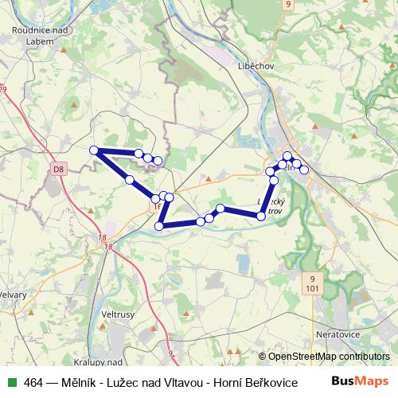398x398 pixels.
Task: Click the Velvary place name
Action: coord(14,294)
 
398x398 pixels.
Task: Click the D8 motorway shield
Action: coord(59,170)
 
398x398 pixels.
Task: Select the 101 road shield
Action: coord(312,287)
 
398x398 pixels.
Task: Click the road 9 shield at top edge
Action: coord(287,4)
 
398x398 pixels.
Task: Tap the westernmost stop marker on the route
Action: coord(94,150)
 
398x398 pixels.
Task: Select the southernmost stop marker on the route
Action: coord(159,226)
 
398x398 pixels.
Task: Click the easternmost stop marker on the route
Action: coord(303,170)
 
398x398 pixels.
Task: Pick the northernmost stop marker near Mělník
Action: coord(287,157)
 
